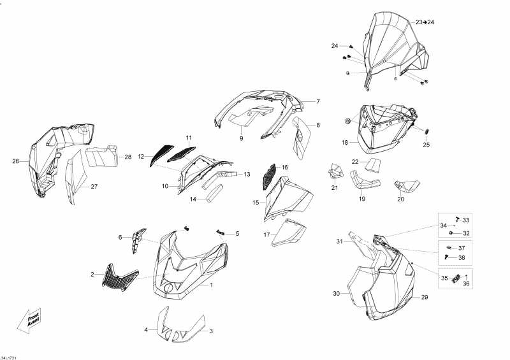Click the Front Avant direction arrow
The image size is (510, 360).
pyautogui.click(x=29, y=320)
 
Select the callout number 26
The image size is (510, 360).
pyautogui.click(x=15, y=161)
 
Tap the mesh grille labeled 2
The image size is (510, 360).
pyautogui.click(x=120, y=277)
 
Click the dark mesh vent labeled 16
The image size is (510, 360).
pyautogui.click(x=269, y=176)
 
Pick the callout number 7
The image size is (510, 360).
pyautogui.click(x=318, y=101)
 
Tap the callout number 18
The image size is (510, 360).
pyautogui.click(x=345, y=143)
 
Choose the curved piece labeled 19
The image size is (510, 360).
pyautogui.click(x=363, y=182)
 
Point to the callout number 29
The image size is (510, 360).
pyautogui.click(x=425, y=297)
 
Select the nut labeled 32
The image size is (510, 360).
pyautogui.click(x=451, y=233)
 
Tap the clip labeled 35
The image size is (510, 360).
pyautogui.click(x=456, y=278)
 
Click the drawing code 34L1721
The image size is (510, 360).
pyautogui.click(x=8, y=357)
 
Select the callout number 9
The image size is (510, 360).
pyautogui.click(x=242, y=138)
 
